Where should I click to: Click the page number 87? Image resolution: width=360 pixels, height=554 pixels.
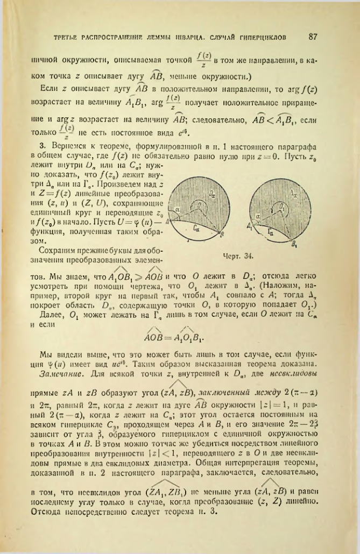[x=316, y=38]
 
